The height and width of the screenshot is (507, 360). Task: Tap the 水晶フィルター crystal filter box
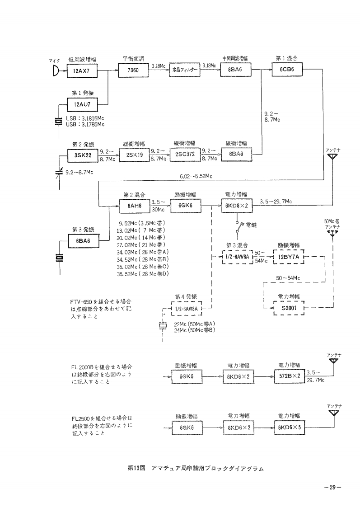[184, 71]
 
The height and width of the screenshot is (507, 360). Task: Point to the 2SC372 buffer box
[184, 154]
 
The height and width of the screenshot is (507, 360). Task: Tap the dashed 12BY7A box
[289, 257]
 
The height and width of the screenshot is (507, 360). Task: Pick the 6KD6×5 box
[289, 427]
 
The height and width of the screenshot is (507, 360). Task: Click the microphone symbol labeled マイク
[56, 71]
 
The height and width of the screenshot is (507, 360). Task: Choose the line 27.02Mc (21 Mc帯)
[141, 244]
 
